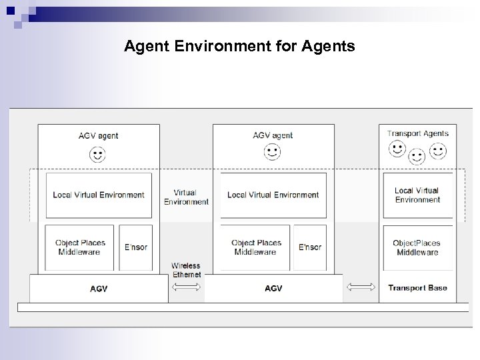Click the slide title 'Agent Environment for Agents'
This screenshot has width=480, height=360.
tap(239, 46)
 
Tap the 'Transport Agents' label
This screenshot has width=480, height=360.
tap(418, 133)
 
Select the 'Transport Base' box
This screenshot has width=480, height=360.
tap(417, 288)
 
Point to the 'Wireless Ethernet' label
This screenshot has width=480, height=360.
tap(187, 270)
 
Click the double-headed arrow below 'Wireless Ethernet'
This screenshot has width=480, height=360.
tap(187, 287)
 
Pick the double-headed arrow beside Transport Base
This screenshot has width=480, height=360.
tap(361, 287)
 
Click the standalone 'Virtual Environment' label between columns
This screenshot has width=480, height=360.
tap(186, 197)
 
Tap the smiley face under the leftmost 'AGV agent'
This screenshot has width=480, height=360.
tap(98, 155)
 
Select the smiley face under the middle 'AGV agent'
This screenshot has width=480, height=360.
tap(273, 153)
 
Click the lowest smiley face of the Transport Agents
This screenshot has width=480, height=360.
tap(417, 157)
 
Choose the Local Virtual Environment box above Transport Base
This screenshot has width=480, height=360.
tap(417, 195)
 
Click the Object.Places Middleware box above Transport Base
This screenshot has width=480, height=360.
tap(417, 247)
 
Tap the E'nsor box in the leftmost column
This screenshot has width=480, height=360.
tap(135, 247)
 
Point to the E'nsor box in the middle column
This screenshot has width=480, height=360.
tap(310, 247)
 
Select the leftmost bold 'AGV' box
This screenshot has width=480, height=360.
tap(99, 289)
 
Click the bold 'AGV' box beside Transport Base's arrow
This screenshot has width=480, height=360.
tap(273, 289)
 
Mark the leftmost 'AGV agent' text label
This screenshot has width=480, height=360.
tap(98, 136)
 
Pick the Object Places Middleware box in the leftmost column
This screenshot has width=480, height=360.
tap(79, 247)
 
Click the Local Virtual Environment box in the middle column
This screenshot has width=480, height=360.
tap(273, 195)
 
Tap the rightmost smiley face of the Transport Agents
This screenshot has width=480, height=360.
tap(438, 151)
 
